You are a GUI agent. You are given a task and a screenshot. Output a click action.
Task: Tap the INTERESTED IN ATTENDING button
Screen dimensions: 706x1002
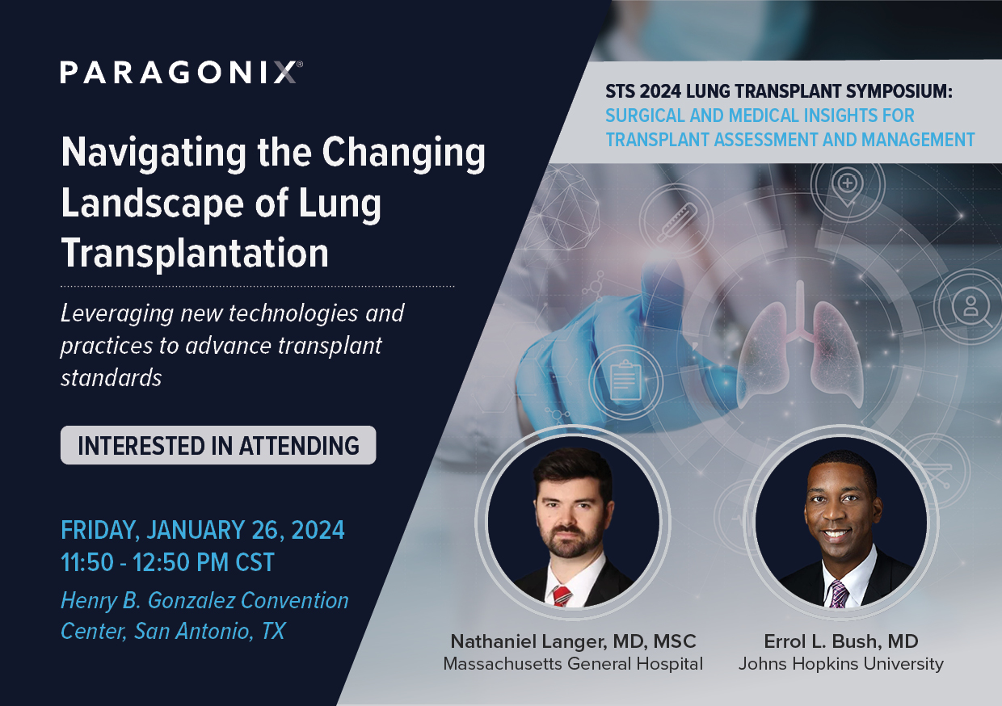(x=218, y=445)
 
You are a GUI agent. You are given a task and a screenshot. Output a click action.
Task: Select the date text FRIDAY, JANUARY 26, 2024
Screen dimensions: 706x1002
(x=203, y=531)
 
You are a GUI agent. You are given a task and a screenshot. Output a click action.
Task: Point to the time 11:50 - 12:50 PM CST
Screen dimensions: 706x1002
(x=167, y=561)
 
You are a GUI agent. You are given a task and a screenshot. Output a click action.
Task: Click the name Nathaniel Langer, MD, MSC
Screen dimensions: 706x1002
(x=573, y=642)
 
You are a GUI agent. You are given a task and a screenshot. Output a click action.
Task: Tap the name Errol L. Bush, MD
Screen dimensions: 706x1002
(x=840, y=642)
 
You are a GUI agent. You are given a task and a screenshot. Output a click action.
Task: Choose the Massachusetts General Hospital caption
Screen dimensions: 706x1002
(x=573, y=664)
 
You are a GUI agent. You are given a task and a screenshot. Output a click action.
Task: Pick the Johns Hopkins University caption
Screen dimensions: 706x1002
(x=840, y=664)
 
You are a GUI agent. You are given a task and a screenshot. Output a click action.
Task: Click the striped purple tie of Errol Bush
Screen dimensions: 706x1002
(x=838, y=595)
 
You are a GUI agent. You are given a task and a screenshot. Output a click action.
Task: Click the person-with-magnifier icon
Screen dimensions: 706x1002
(x=966, y=309)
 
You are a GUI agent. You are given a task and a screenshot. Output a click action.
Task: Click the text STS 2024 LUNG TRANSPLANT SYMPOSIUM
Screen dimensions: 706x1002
(x=779, y=94)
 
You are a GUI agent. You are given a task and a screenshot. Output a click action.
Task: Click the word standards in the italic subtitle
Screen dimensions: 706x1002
(x=112, y=377)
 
